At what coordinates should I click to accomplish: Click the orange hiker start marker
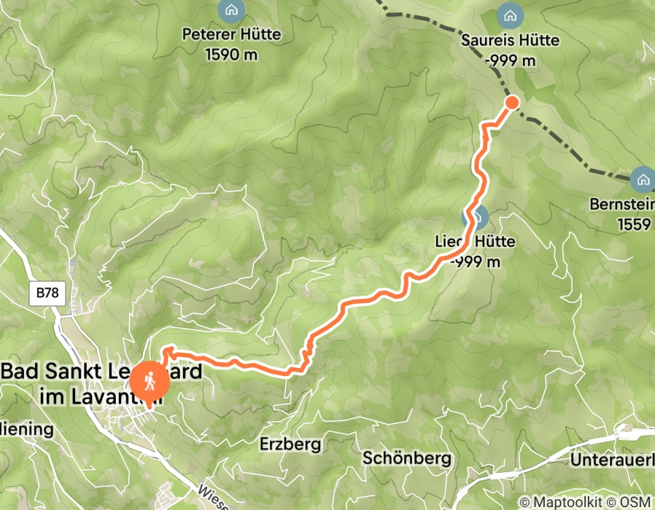click(150, 380)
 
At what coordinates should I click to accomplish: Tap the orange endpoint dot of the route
click(512, 102)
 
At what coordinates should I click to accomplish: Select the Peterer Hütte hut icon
click(231, 11)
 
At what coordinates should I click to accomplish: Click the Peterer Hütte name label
click(231, 34)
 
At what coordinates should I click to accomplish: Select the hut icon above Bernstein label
click(643, 178)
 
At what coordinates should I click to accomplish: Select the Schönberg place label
click(407, 458)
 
